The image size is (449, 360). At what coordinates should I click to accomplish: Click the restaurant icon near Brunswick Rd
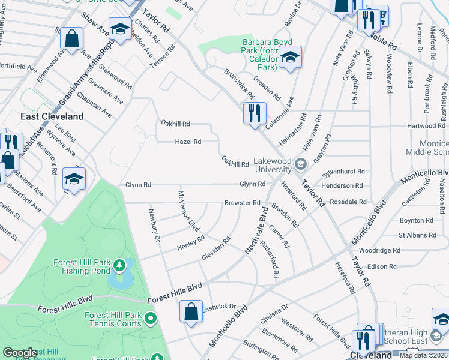pyautogui.click(x=255, y=113)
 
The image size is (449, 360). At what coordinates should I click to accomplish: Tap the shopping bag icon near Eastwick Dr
pyautogui.click(x=191, y=312)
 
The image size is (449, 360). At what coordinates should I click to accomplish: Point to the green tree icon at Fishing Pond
pyautogui.click(x=119, y=264)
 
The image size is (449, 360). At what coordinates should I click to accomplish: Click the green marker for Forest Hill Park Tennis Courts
pyautogui.click(x=150, y=317)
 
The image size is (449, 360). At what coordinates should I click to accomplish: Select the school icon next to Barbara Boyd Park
pyautogui.click(x=290, y=58)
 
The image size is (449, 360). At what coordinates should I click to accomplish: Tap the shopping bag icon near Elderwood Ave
pyautogui.click(x=71, y=39)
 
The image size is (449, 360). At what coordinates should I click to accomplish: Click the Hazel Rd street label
pyautogui.click(x=188, y=142)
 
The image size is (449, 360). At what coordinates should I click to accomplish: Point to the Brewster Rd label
pyautogui.click(x=243, y=203)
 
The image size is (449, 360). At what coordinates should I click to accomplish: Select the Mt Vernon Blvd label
pyautogui.click(x=188, y=211)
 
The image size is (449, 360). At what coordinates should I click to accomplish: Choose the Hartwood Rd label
pyautogui.click(x=424, y=126)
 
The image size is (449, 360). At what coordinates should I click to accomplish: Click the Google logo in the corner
pyautogui.click(x=20, y=353)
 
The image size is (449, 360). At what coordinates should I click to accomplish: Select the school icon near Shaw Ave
pyautogui.click(x=121, y=30)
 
